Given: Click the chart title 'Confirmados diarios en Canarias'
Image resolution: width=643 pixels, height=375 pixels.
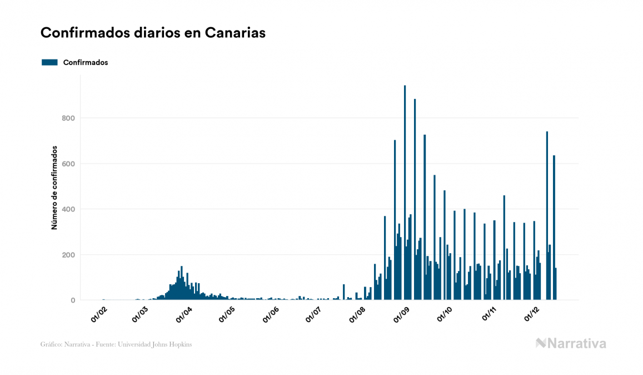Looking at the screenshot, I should click(x=153, y=33).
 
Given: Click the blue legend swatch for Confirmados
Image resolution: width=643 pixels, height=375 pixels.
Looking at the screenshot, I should click(x=49, y=62).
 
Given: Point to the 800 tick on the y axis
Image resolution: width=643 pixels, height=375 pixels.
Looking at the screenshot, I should click(x=69, y=118).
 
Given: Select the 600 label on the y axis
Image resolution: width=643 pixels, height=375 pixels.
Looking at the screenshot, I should click(x=69, y=164).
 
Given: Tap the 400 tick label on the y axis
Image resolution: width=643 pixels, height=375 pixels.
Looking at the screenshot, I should click(x=69, y=209).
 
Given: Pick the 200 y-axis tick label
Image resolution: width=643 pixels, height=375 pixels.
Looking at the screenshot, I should click(x=69, y=255).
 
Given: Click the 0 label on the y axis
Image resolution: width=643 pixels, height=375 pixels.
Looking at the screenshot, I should click(x=73, y=300).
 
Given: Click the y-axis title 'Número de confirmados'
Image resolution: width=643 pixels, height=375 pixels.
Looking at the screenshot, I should click(x=54, y=188).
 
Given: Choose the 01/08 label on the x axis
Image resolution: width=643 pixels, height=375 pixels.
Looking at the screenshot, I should click(x=357, y=313).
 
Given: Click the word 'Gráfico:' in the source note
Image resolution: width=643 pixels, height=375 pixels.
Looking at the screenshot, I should click(x=51, y=344).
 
